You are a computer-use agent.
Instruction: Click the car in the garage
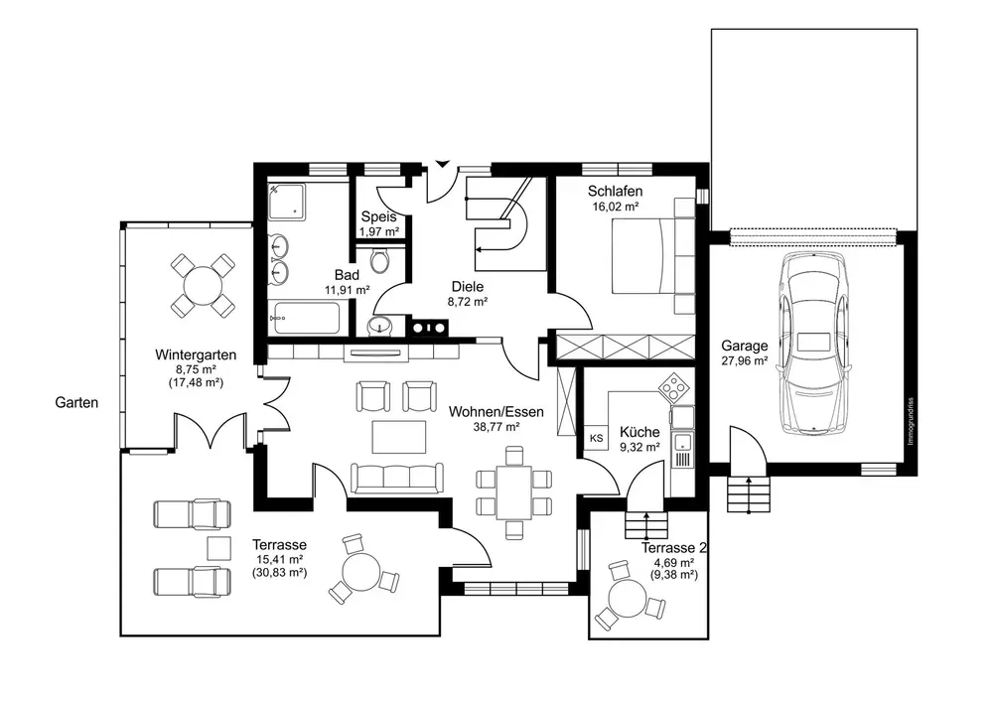click(x=813, y=343)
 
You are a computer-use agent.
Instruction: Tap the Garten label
click(x=76, y=402)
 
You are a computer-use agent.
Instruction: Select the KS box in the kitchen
click(x=596, y=438)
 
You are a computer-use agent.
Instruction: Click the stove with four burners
click(x=673, y=386)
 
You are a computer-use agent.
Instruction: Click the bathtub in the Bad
click(x=307, y=319)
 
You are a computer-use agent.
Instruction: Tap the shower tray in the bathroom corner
click(x=286, y=202)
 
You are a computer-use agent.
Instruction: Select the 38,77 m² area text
click(x=496, y=427)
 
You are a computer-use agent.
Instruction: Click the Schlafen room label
click(x=615, y=192)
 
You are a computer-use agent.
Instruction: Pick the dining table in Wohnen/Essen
click(x=514, y=491)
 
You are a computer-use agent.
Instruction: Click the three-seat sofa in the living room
click(x=397, y=478)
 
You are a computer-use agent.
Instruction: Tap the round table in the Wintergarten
click(x=203, y=286)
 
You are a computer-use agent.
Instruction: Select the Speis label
click(x=378, y=217)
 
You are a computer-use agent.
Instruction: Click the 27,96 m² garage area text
click(x=745, y=361)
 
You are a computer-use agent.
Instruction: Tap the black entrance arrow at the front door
click(x=442, y=164)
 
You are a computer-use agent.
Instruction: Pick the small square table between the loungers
click(x=218, y=548)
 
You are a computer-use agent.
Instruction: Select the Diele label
click(x=468, y=287)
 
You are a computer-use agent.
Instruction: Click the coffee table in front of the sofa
click(x=398, y=438)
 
